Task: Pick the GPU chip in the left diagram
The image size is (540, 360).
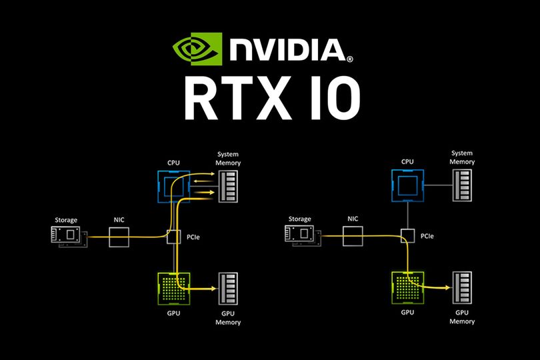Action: pos(173,288)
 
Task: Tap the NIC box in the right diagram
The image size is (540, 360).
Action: pos(353,236)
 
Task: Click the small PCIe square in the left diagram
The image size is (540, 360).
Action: pos(173,236)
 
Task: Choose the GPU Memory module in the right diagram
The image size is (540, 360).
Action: pos(461,288)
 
